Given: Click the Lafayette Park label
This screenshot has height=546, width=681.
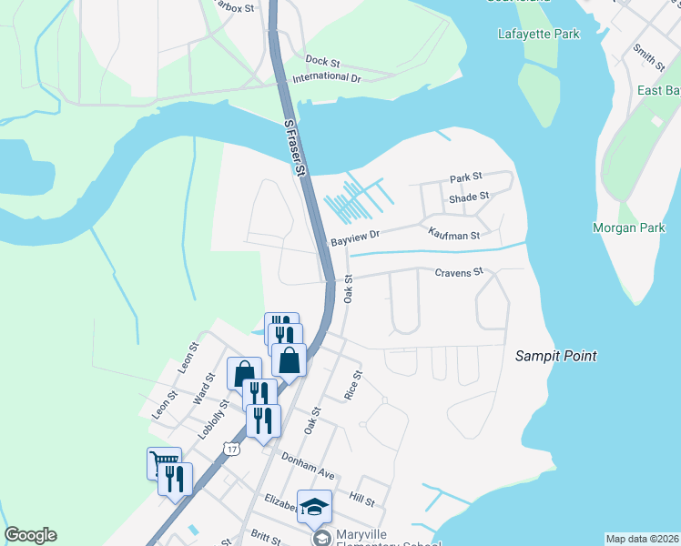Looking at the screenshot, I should [539, 35].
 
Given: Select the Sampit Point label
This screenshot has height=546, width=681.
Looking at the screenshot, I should [555, 356].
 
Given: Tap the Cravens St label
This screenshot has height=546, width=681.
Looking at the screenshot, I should [458, 272].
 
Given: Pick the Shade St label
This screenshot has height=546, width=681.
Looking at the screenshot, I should [469, 196].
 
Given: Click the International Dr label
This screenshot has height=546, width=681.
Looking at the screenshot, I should [327, 78].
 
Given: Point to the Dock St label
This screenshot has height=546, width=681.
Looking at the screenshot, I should [322, 62].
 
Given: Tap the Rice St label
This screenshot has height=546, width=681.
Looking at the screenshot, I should [353, 384].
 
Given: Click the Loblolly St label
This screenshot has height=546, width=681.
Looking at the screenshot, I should [212, 415].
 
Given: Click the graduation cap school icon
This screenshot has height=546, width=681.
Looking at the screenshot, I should [314, 507].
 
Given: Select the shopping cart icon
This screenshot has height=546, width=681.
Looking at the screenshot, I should [164, 463].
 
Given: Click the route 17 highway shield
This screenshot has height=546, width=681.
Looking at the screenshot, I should [233, 449].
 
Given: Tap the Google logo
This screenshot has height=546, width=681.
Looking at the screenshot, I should [30, 535].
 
